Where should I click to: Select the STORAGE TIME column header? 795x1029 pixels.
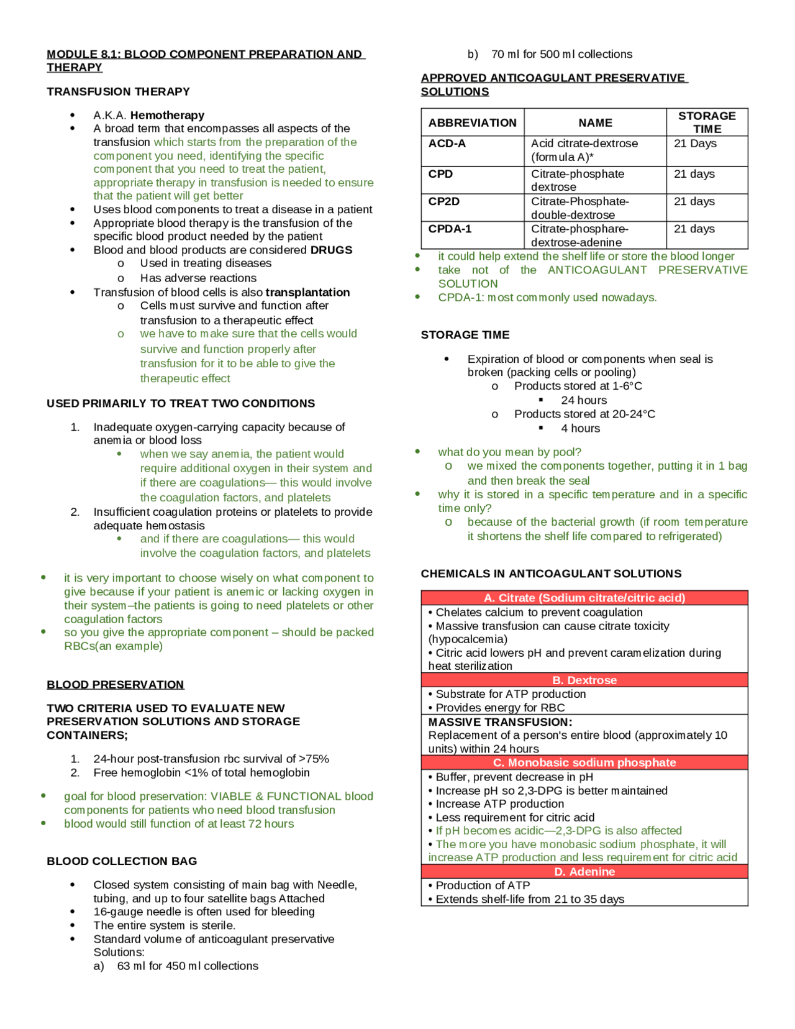coord(707,122)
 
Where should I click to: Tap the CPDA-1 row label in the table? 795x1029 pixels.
coord(450,229)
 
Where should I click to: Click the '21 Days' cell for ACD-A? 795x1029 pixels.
coord(695,144)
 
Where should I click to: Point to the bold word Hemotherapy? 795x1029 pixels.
coord(167,115)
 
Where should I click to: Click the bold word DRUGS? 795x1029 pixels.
coord(331,250)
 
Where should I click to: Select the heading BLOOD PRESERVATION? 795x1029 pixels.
coord(115,684)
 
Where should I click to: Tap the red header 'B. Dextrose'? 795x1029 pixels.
coord(584,680)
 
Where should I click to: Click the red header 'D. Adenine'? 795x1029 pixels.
coord(584,872)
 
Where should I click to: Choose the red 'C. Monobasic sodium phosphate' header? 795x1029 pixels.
coord(584,762)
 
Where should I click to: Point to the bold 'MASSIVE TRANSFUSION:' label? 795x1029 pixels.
coord(500,722)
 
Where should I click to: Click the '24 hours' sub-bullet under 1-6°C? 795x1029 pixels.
coord(583,400)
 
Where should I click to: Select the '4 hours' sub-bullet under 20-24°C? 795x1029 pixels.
coord(580,428)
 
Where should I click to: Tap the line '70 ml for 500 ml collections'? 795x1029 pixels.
coord(561,54)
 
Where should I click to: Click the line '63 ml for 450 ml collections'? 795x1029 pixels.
coord(187,966)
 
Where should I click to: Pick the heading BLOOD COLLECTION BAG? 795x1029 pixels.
coord(122,861)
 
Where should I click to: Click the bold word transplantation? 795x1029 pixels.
coord(307,292)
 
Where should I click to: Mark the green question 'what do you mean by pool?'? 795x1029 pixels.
coord(509,452)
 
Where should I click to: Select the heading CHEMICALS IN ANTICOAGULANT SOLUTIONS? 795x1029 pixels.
coord(551,574)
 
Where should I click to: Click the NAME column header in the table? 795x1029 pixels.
coord(595,123)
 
